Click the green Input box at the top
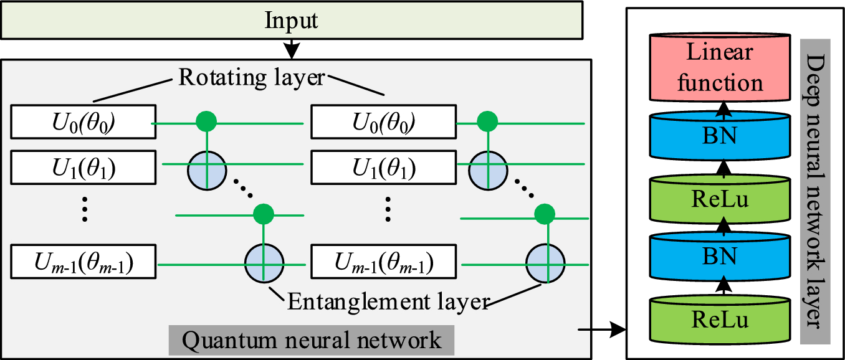pos(292,21)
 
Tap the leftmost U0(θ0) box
pos(82,122)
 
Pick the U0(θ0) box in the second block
pos(381,122)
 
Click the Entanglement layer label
pos(386,302)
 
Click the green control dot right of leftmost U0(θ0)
pos(206,121)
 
